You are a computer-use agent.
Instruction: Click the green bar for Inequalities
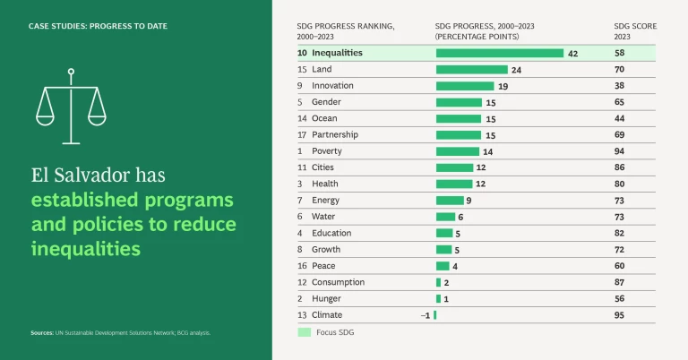499,54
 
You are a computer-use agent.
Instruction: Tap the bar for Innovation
465,86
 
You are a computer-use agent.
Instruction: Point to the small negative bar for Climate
435,315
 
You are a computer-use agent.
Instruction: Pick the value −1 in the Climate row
426,315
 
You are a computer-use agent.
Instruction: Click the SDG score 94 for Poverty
620,151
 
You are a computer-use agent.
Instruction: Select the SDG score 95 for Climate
620,315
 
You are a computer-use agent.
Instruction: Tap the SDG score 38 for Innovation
620,86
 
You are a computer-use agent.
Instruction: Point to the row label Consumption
338,282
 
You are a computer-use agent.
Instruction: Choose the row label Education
331,233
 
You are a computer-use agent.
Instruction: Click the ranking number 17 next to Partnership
302,135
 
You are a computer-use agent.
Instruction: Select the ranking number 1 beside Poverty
302,151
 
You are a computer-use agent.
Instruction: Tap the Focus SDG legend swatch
305,333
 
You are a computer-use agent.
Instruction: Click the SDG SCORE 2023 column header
634,31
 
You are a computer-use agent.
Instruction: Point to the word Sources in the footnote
42,333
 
